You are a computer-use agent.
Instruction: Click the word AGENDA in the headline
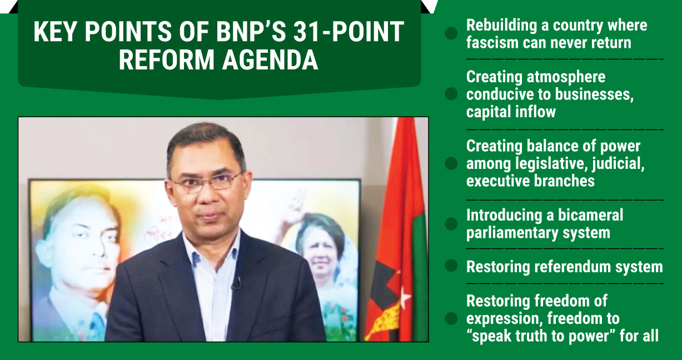point(270,59)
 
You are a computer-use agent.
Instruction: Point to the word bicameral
point(591,215)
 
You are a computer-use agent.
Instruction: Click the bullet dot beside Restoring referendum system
point(451,266)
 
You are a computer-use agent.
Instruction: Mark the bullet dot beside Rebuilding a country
point(451,33)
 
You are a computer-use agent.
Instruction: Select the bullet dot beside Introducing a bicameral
point(451,224)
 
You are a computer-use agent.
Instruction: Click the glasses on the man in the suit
point(207,182)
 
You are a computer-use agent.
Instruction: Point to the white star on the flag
point(405,297)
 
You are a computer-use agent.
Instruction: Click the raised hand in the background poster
point(293,207)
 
